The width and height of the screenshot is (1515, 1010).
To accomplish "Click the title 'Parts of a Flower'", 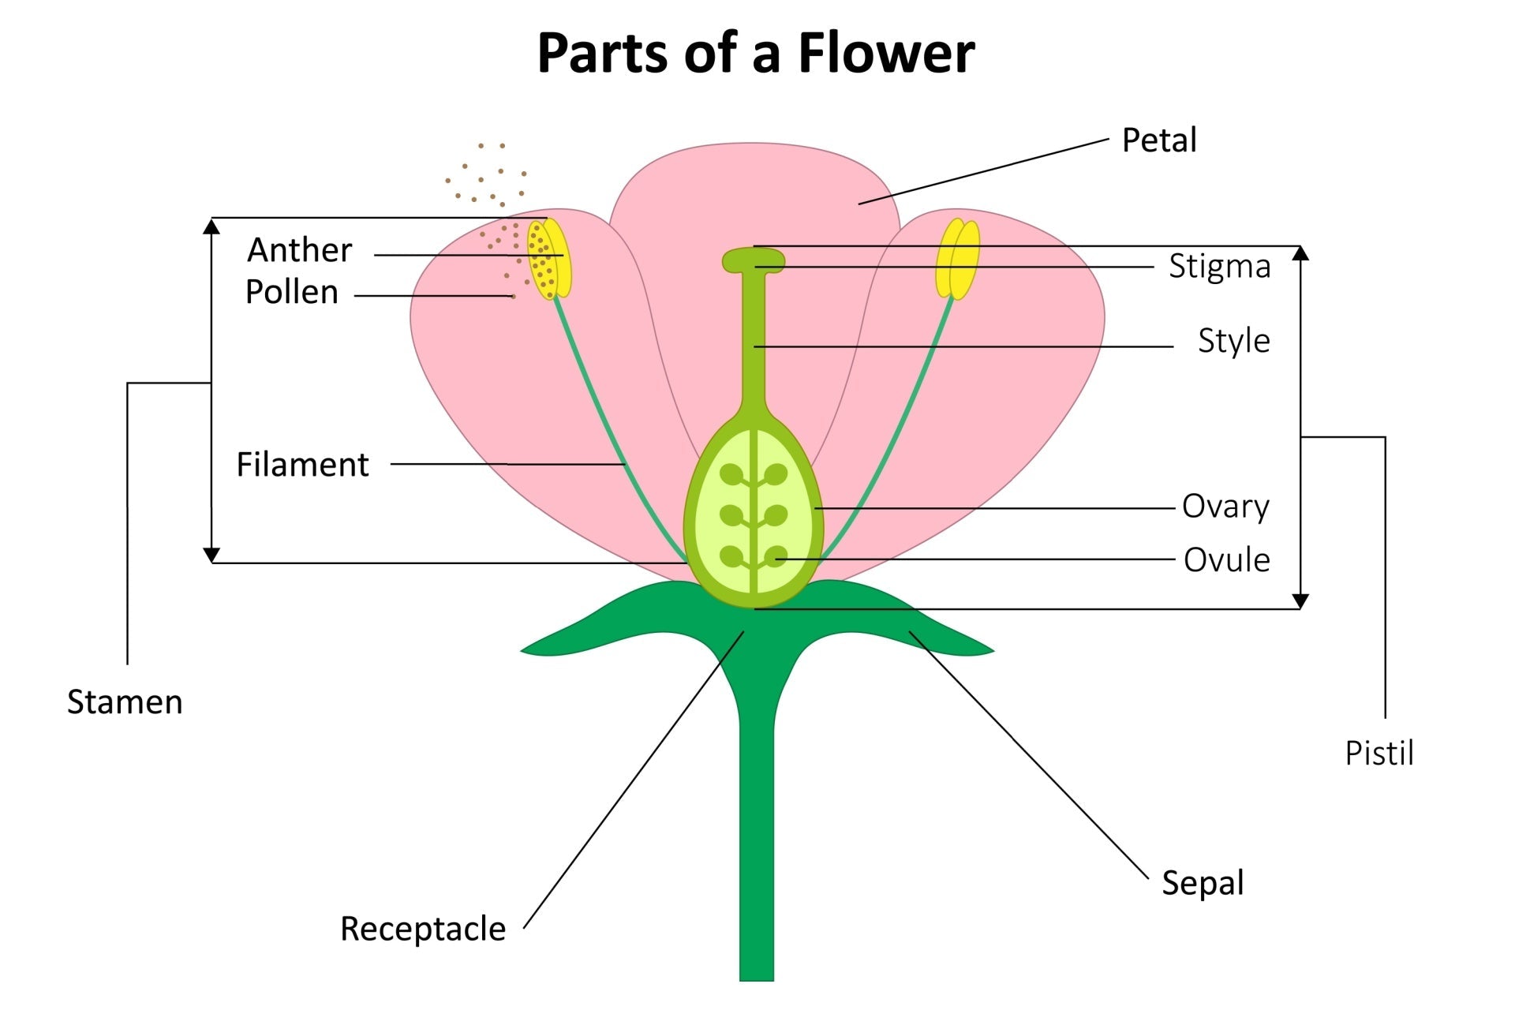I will pos(756,54).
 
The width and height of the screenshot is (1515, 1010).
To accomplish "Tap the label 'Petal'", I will pos(1158,140).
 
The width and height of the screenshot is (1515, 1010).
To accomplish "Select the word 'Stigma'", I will pos(1219,267).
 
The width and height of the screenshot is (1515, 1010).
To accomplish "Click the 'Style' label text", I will pos(1233,341).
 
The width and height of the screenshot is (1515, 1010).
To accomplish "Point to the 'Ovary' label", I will pos(1225,507).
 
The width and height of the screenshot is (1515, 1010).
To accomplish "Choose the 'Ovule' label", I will pos(1226,560).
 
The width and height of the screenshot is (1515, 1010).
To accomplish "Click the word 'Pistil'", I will pos(1378,754).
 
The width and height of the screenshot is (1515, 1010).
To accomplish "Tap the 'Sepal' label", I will pos(1202,883).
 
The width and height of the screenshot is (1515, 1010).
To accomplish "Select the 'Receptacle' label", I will pos(422,929).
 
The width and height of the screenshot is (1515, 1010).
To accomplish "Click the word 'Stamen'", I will pos(125,702).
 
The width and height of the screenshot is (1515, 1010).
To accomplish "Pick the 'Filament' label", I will pos(302,465).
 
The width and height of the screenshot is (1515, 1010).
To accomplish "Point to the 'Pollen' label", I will pos(291,293).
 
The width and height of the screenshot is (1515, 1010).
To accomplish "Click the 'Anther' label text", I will pos(299,250).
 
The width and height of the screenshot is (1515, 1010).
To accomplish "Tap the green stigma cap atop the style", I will pos(754,260).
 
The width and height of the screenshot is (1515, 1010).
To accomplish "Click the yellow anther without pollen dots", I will pos(958,259).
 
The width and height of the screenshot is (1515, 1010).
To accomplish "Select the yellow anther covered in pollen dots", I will pos(548,259).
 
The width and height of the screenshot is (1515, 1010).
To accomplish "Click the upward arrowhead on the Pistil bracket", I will pos(1300,253).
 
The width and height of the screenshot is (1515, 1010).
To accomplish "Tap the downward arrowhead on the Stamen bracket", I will pos(211,555).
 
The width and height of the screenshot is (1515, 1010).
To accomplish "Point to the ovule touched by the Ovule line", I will pos(776,557).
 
